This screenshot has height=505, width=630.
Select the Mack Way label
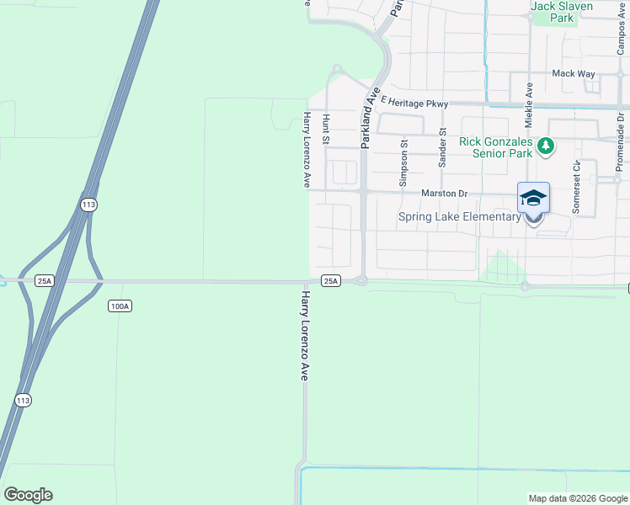tap(574, 73)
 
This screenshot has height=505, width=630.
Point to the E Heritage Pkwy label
tap(415, 101)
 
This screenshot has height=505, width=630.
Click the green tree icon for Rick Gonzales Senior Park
tap(546, 147)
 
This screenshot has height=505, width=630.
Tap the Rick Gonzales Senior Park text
tap(496, 147)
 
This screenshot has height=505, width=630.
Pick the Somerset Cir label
tap(576, 188)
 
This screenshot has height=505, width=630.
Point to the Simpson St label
tap(403, 163)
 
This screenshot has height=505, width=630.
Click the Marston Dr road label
tap(444, 194)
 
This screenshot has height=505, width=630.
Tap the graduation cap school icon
tap(533, 198)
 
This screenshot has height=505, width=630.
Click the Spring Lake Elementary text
tap(459, 217)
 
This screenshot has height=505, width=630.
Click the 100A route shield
tap(120, 306)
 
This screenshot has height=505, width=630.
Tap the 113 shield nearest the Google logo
tap(22, 400)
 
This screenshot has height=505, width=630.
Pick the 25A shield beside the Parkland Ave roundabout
tap(330, 281)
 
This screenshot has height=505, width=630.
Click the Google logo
tap(28, 495)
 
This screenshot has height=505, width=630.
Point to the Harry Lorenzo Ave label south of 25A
tap(305, 336)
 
